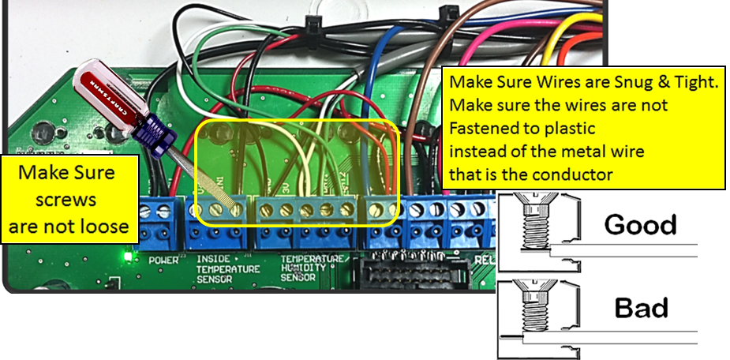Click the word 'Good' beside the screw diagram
click(640, 224)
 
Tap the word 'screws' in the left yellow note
click(67, 200)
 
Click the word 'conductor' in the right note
click(576, 174)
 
